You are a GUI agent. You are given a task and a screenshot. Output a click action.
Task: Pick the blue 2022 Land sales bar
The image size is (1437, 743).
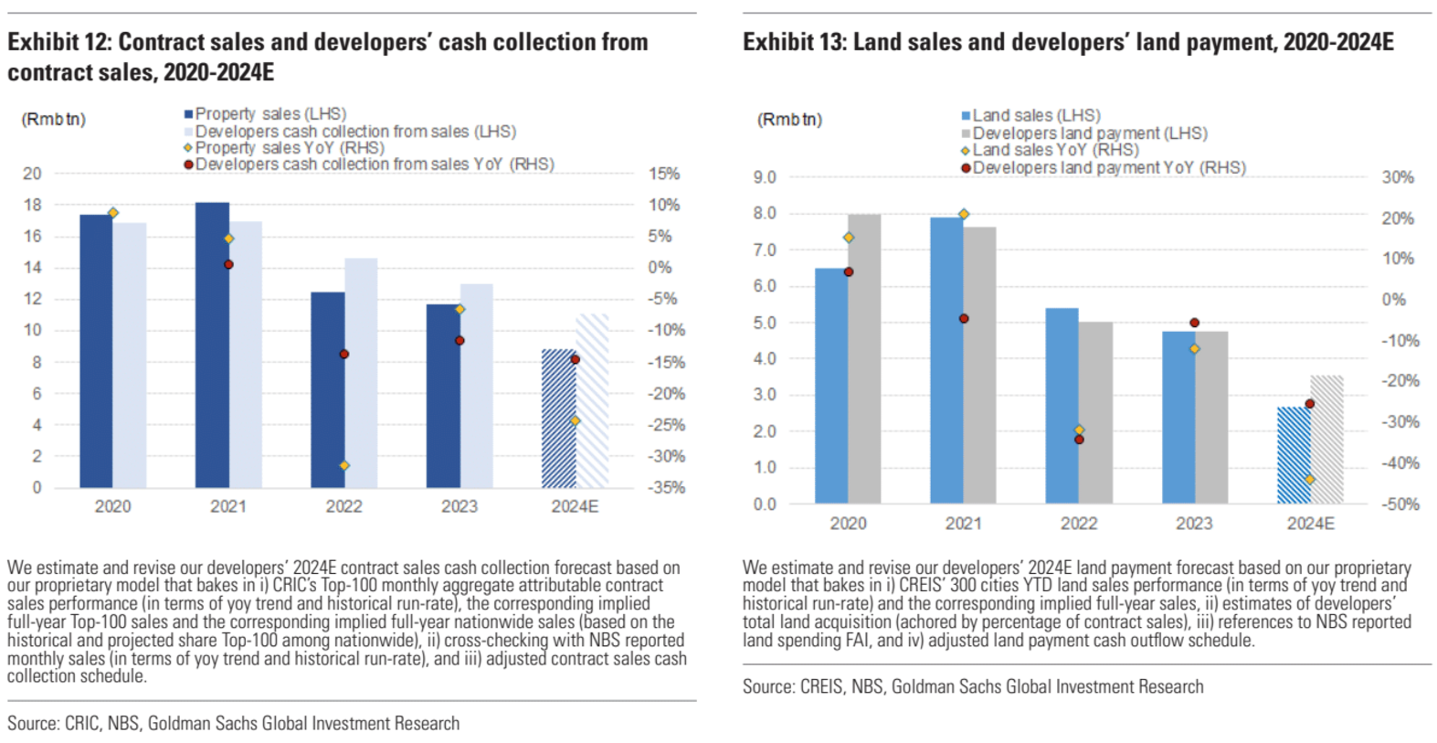pyautogui.click(x=1062, y=406)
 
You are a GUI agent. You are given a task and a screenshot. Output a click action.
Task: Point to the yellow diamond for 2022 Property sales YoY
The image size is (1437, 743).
pyautogui.click(x=344, y=466)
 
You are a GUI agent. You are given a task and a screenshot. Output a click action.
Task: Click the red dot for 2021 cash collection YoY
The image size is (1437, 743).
pyautogui.click(x=228, y=265)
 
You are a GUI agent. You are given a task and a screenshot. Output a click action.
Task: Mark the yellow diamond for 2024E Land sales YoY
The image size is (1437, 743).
pyautogui.click(x=1309, y=480)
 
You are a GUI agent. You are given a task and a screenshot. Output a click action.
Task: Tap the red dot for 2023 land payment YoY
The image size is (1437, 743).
pyautogui.click(x=1194, y=323)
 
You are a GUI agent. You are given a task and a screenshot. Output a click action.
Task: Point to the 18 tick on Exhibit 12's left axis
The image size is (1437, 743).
pyautogui.click(x=33, y=205)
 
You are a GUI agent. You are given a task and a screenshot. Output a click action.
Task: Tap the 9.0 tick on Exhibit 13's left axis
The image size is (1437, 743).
pyautogui.click(x=765, y=177)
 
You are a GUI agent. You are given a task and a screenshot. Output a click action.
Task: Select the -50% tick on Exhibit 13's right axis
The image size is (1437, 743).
pyautogui.click(x=1400, y=504)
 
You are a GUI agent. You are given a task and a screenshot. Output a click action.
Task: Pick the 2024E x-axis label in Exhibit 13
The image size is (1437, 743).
pyautogui.click(x=1310, y=524)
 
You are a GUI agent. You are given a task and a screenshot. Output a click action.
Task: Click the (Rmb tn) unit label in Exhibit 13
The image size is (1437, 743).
pyautogui.click(x=789, y=120)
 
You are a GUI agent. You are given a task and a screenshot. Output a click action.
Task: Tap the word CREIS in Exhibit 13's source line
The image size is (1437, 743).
pyautogui.click(x=821, y=687)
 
